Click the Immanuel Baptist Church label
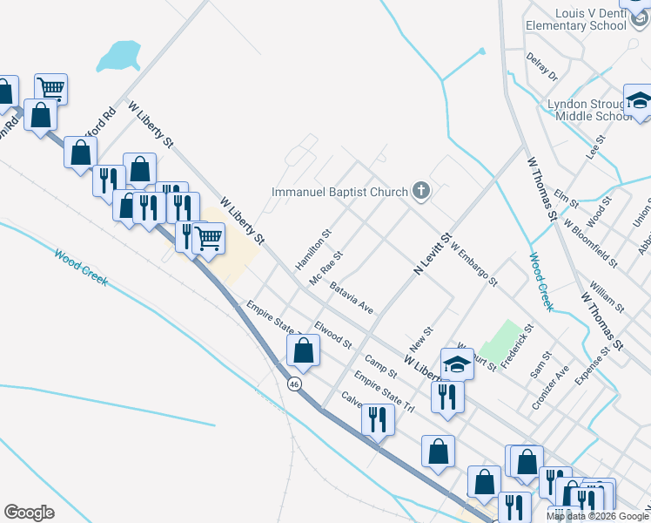[x=339, y=192]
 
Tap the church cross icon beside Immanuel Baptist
[x=421, y=192]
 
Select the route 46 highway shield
[x=295, y=384]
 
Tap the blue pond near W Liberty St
[x=119, y=57]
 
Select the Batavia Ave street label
[x=352, y=297]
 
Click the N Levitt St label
[x=432, y=255]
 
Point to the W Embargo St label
[x=473, y=265]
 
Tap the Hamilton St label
[x=314, y=248]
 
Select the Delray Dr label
[x=541, y=67]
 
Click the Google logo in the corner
[x=29, y=513]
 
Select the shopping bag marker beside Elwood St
[x=303, y=350]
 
